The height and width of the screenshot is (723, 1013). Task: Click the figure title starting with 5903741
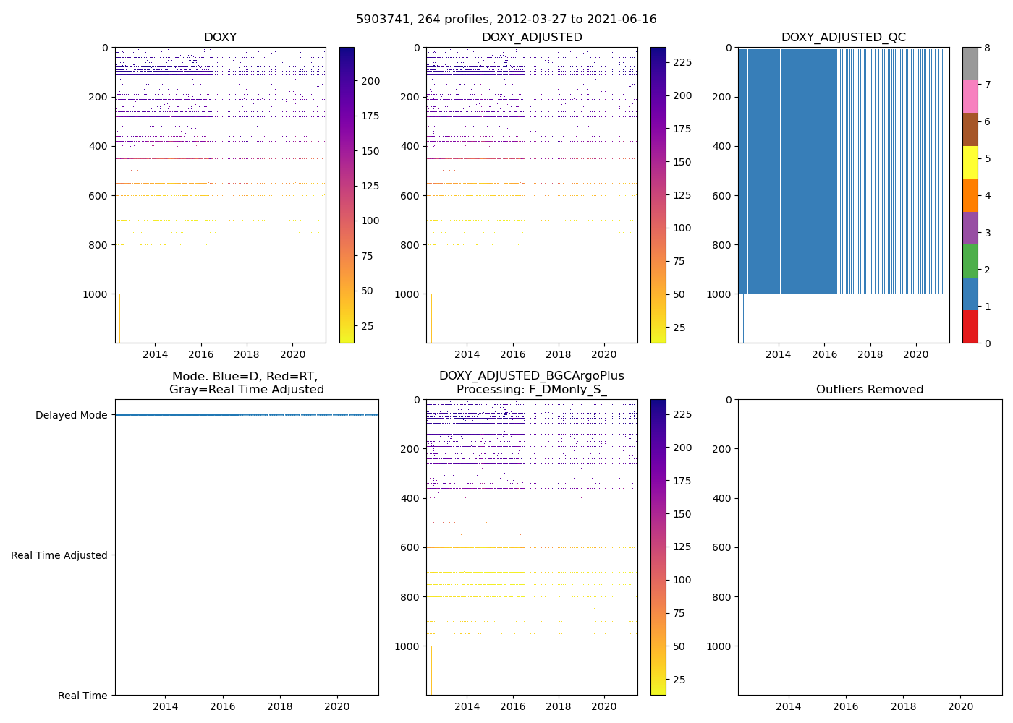[506, 20]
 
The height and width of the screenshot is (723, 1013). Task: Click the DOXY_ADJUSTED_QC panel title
[843, 38]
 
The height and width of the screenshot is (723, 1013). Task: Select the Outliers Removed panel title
[870, 390]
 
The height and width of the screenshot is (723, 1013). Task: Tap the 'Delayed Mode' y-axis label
[71, 415]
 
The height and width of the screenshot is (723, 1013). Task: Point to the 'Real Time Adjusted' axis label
[59, 555]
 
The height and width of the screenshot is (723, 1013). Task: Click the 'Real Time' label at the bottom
[82, 696]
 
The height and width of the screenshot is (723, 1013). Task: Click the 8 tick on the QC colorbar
[988, 48]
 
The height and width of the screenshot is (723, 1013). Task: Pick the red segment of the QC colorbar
[970, 326]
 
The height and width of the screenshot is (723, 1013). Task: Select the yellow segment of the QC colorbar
[970, 162]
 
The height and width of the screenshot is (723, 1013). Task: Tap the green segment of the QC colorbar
[970, 260]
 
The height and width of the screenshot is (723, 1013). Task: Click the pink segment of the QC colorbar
[970, 96]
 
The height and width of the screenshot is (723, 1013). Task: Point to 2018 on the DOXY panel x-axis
[247, 354]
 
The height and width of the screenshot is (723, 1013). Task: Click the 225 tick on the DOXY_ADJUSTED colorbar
[682, 62]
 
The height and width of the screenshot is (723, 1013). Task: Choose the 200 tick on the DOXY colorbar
[370, 81]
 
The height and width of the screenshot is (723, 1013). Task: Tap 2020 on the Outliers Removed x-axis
[961, 706]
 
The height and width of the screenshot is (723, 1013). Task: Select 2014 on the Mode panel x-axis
[166, 706]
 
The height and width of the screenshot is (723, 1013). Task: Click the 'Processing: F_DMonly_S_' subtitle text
[531, 390]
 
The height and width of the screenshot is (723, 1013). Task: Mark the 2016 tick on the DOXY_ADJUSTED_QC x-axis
[824, 354]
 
